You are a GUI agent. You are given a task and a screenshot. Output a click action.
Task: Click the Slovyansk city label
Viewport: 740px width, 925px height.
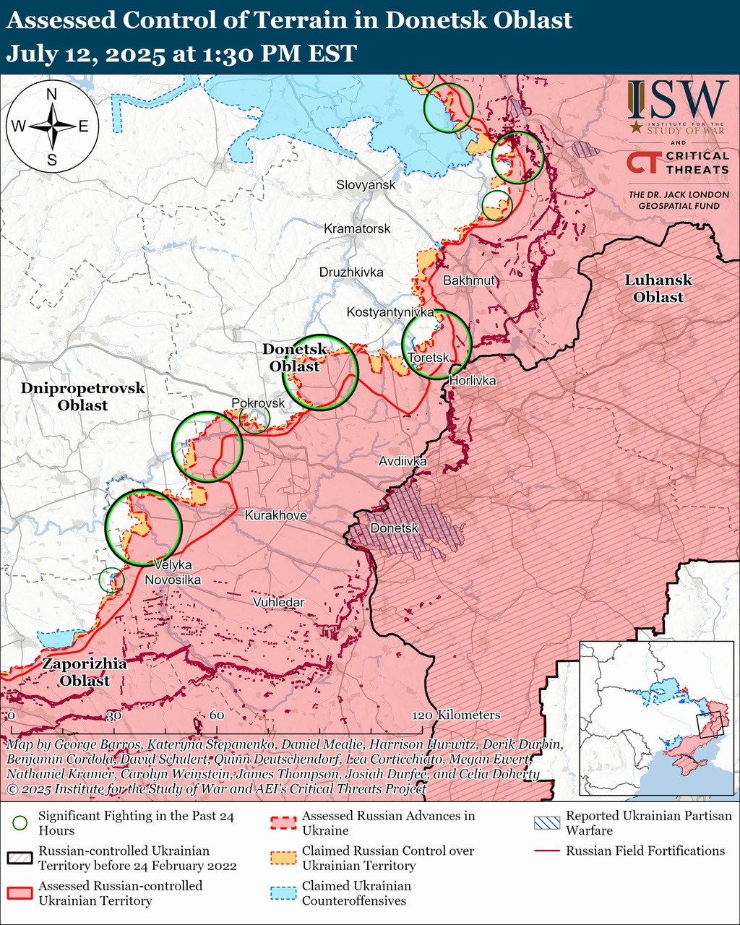366,185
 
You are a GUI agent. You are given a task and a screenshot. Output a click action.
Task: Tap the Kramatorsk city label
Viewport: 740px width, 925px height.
357,229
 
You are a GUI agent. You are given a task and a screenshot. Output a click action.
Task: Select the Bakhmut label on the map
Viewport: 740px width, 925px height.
469,280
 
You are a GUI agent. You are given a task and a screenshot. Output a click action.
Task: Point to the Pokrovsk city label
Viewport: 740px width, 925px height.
258,403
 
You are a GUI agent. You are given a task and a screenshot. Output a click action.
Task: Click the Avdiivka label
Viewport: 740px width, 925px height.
403,461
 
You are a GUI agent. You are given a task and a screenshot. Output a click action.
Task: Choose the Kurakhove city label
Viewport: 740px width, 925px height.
275,515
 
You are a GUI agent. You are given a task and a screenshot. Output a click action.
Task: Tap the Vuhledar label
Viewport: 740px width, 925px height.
278,602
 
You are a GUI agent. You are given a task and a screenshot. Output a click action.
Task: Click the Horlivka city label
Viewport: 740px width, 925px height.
473,379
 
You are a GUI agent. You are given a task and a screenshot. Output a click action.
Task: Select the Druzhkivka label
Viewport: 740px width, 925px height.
351,272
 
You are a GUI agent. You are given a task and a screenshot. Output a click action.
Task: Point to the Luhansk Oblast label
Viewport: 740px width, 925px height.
658,288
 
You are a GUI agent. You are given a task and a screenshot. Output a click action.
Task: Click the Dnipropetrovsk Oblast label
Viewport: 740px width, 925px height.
82,397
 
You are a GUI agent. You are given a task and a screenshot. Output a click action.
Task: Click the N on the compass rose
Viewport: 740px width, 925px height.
52,94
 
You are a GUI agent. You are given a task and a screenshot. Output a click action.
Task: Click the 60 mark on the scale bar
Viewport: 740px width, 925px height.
216,715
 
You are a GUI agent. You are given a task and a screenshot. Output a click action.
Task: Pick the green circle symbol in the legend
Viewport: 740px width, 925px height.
21,822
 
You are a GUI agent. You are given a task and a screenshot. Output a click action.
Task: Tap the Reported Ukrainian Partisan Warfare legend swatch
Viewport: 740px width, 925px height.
546,823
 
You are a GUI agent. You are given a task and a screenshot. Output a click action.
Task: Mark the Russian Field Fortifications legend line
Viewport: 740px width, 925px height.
546,851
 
